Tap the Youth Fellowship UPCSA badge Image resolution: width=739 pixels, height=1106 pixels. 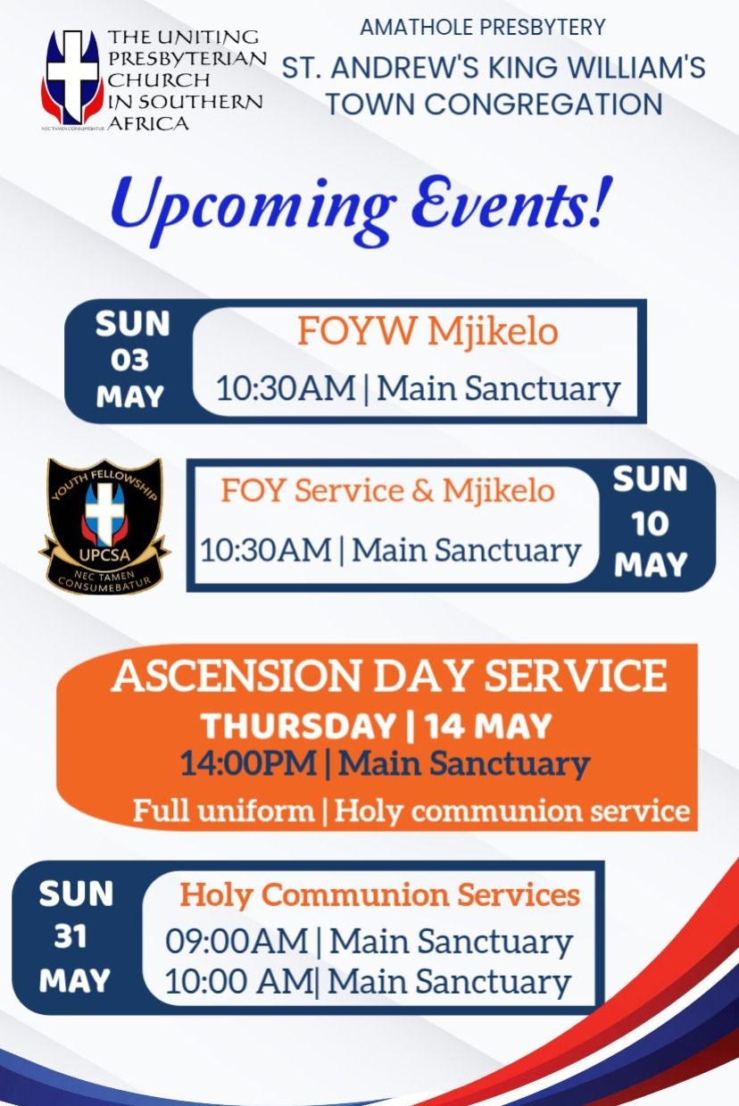point(104,524)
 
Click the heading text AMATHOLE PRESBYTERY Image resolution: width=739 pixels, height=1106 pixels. point(483,27)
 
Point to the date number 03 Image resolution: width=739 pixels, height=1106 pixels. point(129,360)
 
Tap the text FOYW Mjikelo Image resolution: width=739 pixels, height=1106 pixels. point(428,331)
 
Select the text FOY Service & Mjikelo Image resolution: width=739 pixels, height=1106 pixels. point(388,490)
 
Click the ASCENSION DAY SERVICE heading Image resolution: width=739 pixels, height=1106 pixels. point(388,676)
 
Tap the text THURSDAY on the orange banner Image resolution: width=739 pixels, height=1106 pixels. point(298,726)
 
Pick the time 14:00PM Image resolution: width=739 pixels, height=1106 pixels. point(248,764)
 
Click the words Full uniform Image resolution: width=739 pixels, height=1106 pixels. point(223,811)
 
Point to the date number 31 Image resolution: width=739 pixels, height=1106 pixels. point(75,937)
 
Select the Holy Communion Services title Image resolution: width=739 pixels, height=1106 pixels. point(380,894)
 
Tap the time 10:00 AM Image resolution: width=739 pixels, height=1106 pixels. point(237,981)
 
